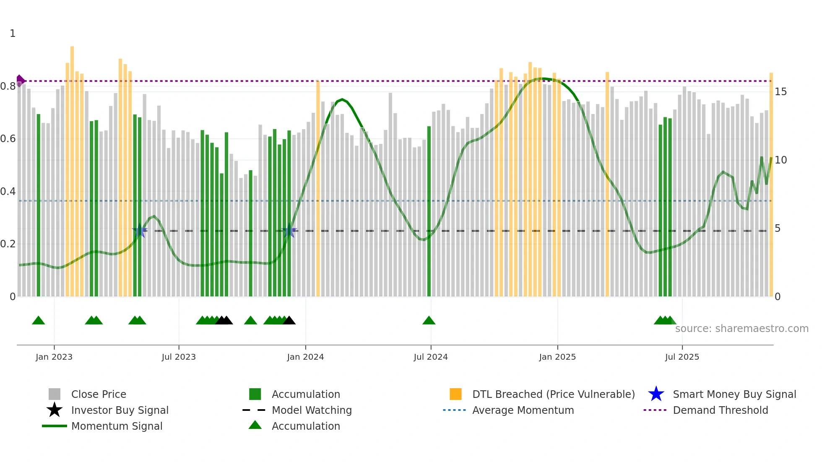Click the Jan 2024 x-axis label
(305, 357)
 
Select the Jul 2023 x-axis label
(179, 357)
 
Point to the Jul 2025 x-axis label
(682, 357)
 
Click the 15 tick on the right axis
(780, 92)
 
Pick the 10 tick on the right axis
(780, 160)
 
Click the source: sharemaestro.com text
(741, 329)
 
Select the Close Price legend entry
(99, 395)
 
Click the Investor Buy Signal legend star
(55, 410)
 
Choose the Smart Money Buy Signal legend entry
(734, 395)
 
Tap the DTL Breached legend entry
(553, 395)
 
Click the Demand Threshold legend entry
(720, 410)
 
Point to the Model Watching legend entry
(311, 410)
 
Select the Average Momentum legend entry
(523, 410)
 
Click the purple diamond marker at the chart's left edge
(20, 80)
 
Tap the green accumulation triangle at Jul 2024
(429, 321)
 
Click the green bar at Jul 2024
(429, 210)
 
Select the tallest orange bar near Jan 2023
(72, 168)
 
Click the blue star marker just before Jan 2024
(289, 231)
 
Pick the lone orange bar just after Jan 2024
(318, 189)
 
